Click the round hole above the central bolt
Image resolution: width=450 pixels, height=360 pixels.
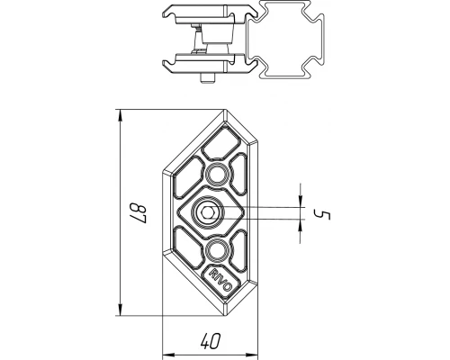216,174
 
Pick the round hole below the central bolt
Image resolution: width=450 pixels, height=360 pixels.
216,249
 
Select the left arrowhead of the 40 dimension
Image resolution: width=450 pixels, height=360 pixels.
166,352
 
